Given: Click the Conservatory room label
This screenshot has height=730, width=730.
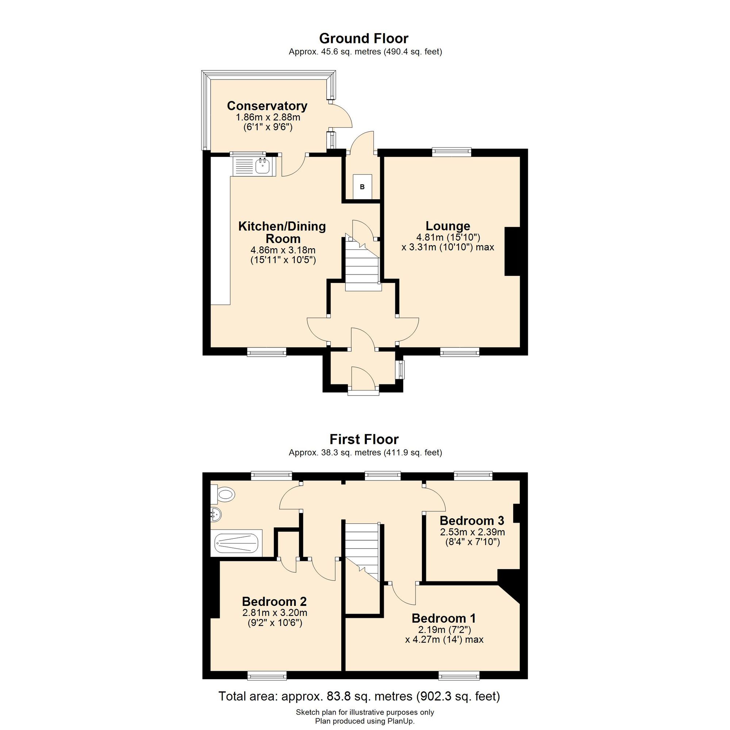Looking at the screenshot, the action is (267, 106).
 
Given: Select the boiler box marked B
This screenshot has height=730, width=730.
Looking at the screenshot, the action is (362, 187).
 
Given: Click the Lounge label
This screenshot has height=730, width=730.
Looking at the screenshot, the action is (448, 226).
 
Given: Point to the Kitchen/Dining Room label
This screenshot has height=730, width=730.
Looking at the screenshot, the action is (282, 233).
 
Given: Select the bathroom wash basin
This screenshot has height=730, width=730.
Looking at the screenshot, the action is (216, 514).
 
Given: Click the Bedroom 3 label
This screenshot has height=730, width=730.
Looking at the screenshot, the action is (472, 521).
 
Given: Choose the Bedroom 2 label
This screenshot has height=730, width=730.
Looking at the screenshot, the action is (274, 601).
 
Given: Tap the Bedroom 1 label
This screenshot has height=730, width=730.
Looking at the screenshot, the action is (443, 618).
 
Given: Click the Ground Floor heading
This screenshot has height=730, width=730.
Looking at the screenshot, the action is (364, 38).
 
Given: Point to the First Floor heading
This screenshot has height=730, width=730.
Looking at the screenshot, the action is (364, 439).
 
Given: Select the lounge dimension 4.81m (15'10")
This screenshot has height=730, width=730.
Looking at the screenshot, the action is (448, 237).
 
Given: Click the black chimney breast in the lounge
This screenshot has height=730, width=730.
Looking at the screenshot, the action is (512, 251).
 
